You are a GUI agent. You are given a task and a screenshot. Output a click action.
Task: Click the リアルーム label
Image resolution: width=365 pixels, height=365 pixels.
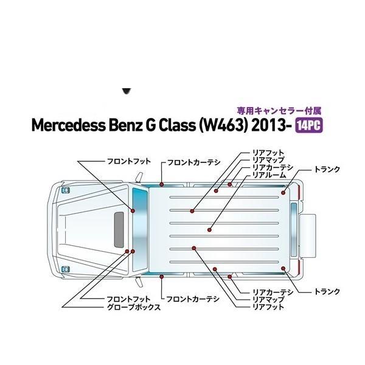(x=269, y=175)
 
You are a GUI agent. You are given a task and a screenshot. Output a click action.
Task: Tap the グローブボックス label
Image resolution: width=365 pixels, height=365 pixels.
(x=134, y=307)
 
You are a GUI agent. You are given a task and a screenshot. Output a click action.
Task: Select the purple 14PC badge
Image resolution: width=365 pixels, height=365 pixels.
(x=309, y=126)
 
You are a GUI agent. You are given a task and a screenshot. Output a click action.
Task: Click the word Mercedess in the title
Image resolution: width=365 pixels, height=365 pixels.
(x=68, y=125)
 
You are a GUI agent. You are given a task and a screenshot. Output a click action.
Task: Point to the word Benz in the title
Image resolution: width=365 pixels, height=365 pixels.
(x=126, y=125)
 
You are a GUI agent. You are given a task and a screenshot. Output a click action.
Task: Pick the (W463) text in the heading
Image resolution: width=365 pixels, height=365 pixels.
(x=223, y=125)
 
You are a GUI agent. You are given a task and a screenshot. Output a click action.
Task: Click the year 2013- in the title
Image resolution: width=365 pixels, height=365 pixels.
(x=272, y=125)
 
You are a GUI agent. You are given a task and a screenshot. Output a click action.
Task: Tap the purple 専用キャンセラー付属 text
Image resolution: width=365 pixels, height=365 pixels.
(x=279, y=111)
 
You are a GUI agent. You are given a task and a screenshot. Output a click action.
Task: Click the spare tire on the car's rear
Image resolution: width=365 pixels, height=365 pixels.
(x=307, y=236)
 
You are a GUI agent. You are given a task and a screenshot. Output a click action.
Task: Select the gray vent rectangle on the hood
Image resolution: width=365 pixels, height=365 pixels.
(x=119, y=229)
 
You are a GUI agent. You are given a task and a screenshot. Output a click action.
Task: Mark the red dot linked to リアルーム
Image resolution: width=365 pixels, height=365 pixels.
(x=209, y=230)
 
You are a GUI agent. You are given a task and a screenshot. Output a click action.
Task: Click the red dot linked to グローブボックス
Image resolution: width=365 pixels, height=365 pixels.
(x=127, y=251)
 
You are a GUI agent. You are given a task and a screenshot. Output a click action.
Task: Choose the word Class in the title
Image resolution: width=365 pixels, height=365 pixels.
(x=176, y=125)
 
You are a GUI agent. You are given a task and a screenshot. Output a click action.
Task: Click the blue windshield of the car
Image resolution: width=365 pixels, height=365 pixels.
(x=140, y=229)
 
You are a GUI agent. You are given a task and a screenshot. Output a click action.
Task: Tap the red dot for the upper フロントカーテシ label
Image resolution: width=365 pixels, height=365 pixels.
(x=162, y=184)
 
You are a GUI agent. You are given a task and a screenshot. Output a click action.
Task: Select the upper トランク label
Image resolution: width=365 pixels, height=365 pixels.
(x=327, y=169)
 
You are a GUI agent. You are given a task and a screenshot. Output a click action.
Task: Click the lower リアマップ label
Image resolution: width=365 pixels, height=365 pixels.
(x=269, y=299)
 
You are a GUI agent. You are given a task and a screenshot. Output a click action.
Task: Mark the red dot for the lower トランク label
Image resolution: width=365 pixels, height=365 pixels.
(x=283, y=268)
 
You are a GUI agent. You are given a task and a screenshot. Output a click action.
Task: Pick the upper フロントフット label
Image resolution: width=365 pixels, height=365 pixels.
(x=129, y=161)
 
